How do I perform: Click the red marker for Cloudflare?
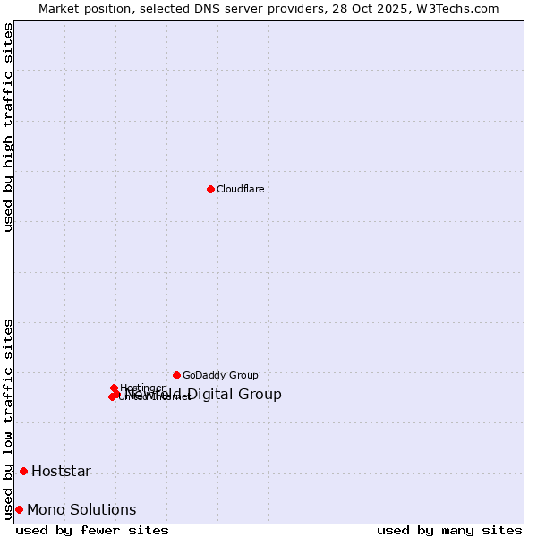[x=210, y=189]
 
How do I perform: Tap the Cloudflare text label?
[x=241, y=189]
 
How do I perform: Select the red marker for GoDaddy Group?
[x=176, y=375]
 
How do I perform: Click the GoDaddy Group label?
[x=220, y=376]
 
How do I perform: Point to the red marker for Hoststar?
[x=23, y=471]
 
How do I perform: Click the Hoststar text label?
[x=61, y=472]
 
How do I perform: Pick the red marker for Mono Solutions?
[x=19, y=509]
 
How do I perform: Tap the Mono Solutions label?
[x=81, y=510]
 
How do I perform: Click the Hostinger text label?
[x=142, y=388]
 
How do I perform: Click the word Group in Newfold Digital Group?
[x=261, y=395]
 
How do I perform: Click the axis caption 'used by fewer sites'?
[x=92, y=530]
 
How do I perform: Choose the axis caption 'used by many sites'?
[x=449, y=530]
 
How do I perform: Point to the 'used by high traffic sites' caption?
[x=9, y=128]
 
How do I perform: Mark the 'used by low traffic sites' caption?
[x=9, y=418]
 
